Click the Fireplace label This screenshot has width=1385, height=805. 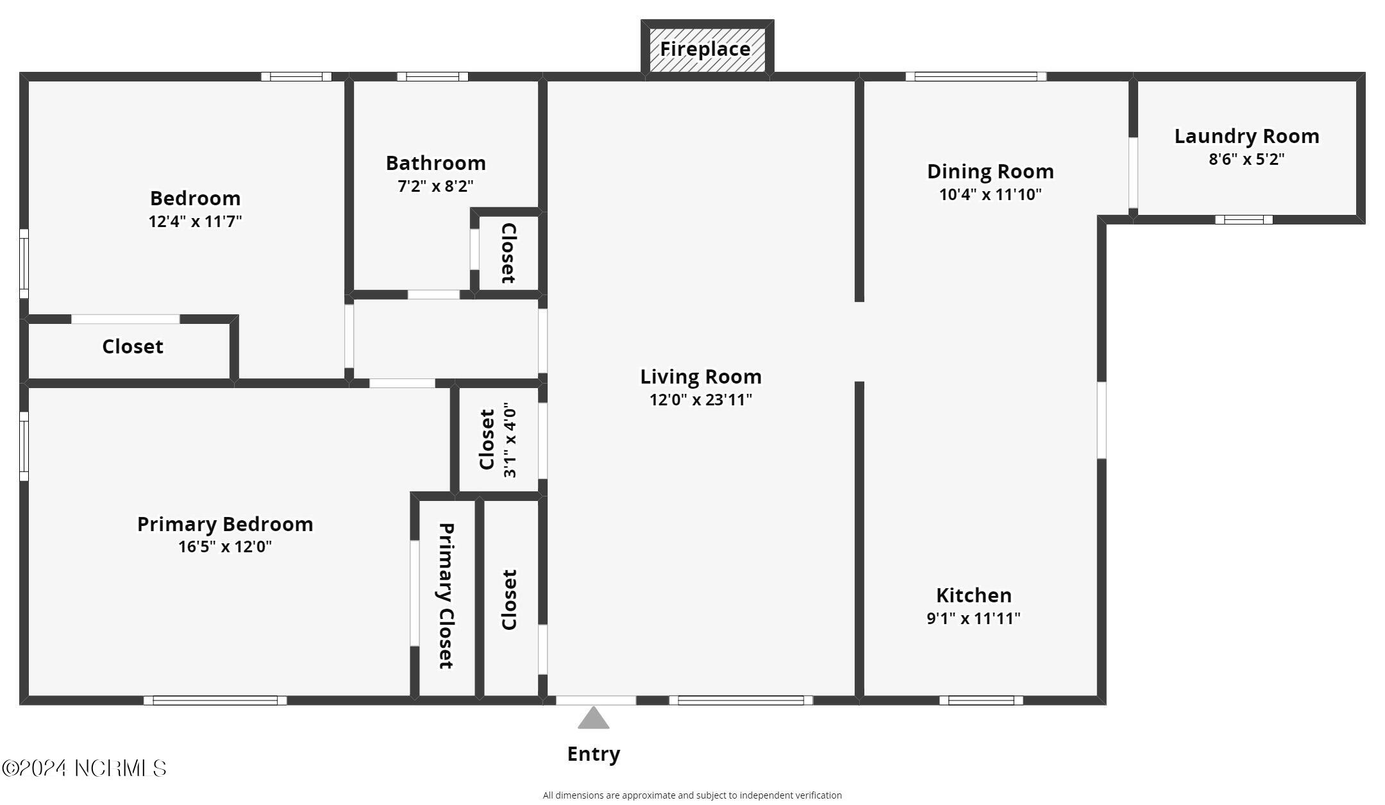705,49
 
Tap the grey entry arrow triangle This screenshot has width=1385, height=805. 593,719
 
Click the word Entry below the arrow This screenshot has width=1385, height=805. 593,754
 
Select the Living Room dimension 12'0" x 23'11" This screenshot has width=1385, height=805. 700,400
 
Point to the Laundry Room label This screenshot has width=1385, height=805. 1246,136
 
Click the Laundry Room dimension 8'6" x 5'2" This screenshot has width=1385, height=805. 1246,159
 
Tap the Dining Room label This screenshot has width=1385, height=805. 990,171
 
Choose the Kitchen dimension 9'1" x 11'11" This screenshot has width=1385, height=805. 973,618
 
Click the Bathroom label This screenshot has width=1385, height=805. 435,163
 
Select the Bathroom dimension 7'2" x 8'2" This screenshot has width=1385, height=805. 435,186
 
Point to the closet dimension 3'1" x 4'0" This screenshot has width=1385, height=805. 510,440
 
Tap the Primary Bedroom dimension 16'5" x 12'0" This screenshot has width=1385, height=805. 225,547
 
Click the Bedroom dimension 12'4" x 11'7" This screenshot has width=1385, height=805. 195,221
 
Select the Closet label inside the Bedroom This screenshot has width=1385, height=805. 133,346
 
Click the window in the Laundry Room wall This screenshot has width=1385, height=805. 1243,220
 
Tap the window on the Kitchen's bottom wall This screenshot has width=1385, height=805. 981,700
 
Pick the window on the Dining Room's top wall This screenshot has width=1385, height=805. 975,77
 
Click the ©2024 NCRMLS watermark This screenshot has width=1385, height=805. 84,768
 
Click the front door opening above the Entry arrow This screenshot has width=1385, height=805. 596,700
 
